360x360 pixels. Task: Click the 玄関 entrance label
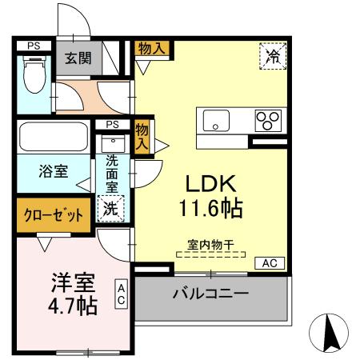pyautogui.click(x=78, y=58)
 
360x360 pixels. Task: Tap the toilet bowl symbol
pyautogui.click(x=34, y=78)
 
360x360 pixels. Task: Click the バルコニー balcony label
pyautogui.click(x=210, y=294)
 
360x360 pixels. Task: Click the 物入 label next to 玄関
pyautogui.click(x=152, y=48)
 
